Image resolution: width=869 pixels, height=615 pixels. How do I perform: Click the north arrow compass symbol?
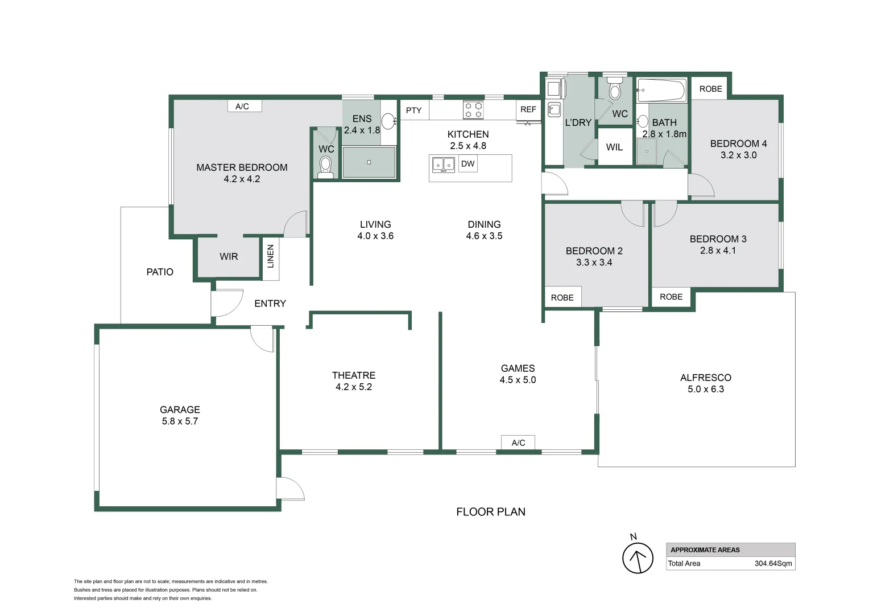(638, 558)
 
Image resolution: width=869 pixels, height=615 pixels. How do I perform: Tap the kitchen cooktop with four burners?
(473, 110)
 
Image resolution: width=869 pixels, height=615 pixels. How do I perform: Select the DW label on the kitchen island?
(467, 163)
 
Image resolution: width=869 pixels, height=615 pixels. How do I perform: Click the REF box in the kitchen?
(528, 110)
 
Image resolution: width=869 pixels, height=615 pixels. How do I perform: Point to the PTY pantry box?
(414, 110)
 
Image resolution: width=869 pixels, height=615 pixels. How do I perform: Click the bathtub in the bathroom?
(661, 90)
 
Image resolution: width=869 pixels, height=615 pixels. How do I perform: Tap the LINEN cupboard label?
(271, 256)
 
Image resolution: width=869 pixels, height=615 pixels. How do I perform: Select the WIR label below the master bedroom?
(229, 256)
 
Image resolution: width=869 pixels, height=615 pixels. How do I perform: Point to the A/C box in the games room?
(518, 442)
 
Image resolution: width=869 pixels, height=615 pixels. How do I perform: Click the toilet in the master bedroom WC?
(325, 167)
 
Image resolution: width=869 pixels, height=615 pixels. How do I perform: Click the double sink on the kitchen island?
(444, 165)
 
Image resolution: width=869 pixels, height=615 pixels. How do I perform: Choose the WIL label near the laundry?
(614, 147)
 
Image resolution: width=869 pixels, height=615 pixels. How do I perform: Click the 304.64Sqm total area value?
(773, 563)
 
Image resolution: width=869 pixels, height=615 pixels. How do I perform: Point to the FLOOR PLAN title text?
(491, 512)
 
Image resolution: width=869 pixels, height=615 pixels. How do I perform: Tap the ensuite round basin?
(388, 121)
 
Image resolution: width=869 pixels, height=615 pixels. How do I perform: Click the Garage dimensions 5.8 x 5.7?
(180, 421)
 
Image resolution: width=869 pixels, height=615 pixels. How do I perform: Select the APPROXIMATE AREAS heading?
(705, 550)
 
